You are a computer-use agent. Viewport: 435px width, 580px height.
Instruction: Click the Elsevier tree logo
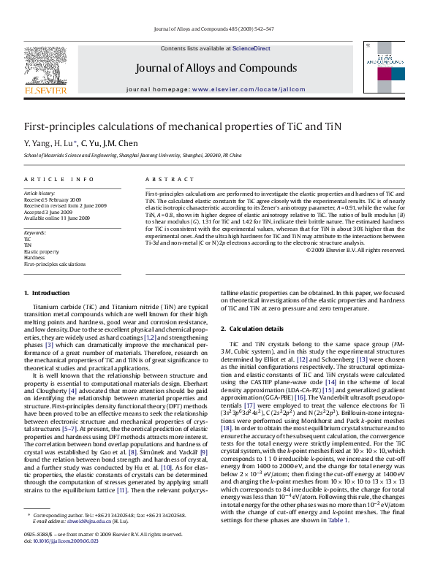[45, 71]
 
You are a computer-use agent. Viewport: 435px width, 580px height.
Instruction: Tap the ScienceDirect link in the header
[251, 48]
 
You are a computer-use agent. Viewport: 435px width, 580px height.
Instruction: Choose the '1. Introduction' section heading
[48, 293]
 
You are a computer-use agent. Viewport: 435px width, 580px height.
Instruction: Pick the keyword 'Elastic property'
[41, 251]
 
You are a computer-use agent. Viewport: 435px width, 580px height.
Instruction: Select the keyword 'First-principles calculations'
[55, 264]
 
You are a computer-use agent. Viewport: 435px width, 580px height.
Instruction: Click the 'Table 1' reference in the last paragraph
[337, 520]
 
